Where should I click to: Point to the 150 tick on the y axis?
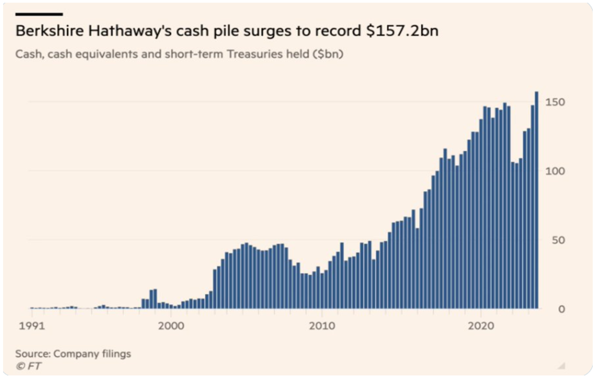[x=555, y=102]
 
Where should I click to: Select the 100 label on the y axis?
[x=555, y=171]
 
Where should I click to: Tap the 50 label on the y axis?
[x=558, y=240]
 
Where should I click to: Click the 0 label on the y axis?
[x=561, y=309]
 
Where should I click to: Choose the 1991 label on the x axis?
[x=32, y=326]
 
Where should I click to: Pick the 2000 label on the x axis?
[x=171, y=326]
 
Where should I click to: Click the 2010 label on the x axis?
[x=322, y=326]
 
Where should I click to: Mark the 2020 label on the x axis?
[x=481, y=326]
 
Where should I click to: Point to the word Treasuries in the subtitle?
[x=255, y=54]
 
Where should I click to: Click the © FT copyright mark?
[x=28, y=366]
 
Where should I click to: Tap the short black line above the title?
[x=39, y=14]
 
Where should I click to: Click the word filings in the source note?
[x=116, y=354]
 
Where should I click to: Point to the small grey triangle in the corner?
[x=561, y=366]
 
